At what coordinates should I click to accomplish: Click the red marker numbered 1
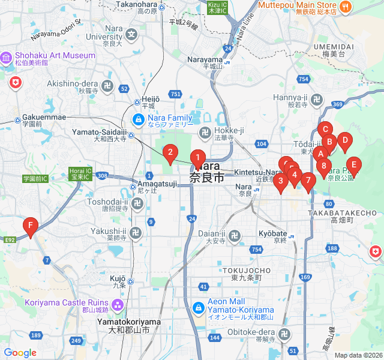(x=197, y=159)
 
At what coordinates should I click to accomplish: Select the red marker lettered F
(x=29, y=226)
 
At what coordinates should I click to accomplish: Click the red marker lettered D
(x=344, y=142)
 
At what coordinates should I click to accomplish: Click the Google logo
(x=20, y=353)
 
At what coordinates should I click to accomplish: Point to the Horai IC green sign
(x=80, y=174)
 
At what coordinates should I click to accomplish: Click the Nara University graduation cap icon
(x=131, y=35)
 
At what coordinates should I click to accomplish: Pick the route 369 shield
(x=337, y=104)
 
